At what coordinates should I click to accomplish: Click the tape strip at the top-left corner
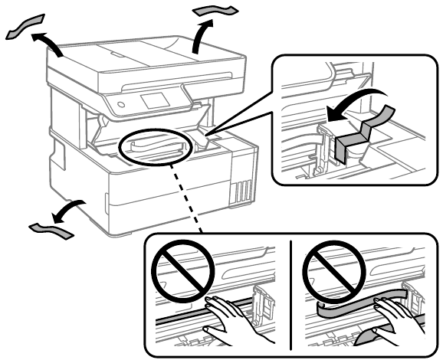[24, 27]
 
